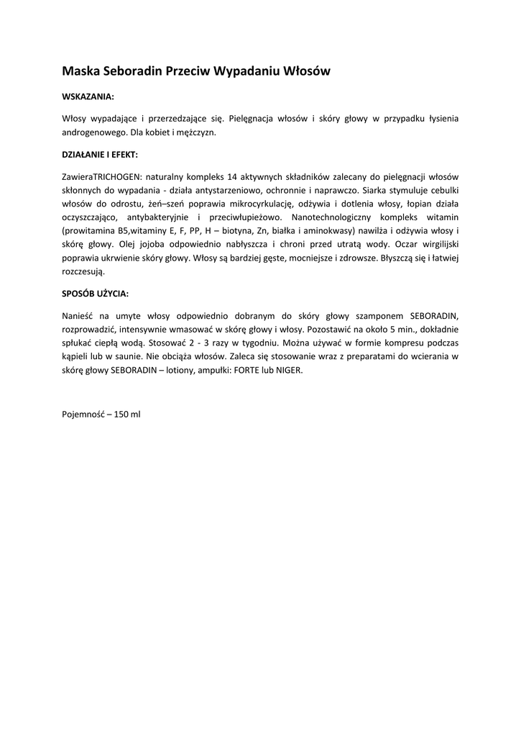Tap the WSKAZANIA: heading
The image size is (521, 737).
88,95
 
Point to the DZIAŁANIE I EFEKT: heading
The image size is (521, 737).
101,154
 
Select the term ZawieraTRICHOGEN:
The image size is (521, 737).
103,176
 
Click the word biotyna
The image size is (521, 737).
230,231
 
